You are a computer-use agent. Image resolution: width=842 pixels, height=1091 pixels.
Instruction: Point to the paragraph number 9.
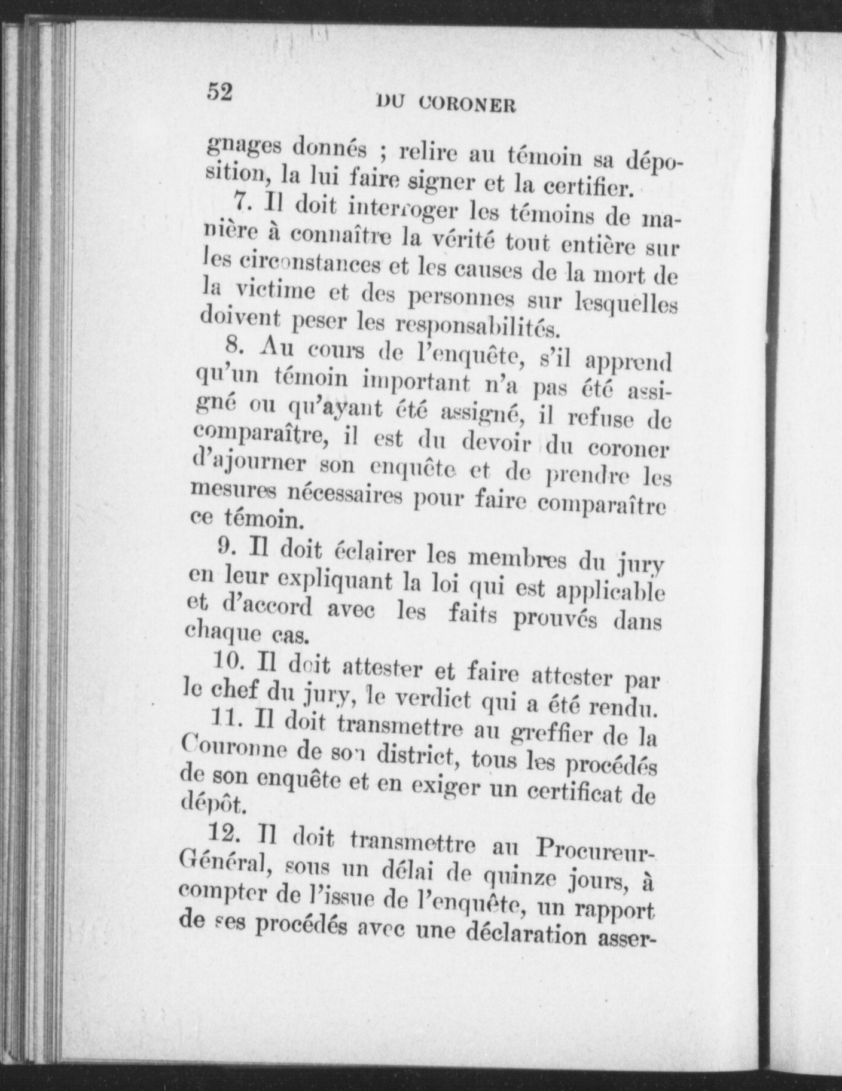225,547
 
